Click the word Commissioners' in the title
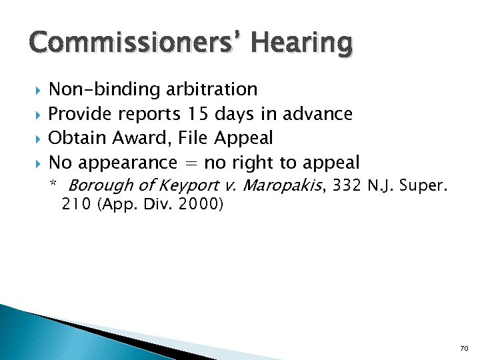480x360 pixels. click(133, 43)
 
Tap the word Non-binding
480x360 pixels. click(96, 89)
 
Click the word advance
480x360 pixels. click(317, 114)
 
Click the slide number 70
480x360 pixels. click(465, 349)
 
